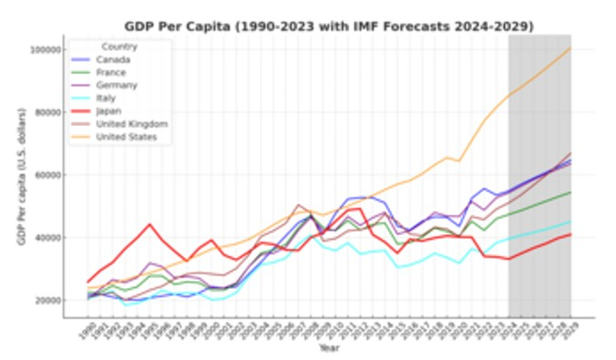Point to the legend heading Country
(119, 46)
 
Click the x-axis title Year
(329, 347)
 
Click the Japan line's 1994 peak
(150, 224)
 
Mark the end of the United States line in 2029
(570, 48)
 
